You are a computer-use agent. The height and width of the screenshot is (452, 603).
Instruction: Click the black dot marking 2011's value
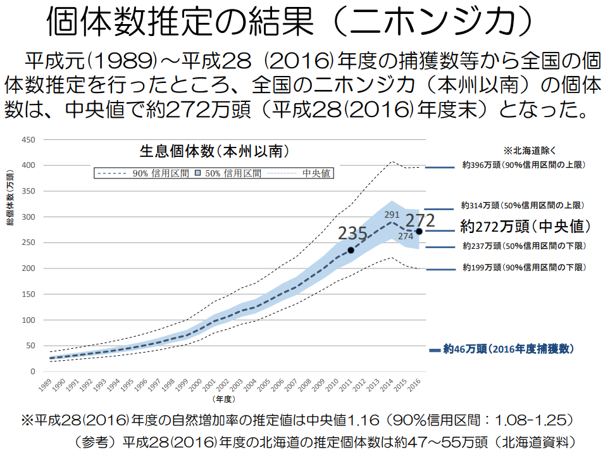tap(351, 250)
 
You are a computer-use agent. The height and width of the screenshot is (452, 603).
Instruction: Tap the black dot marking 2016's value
tap(419, 231)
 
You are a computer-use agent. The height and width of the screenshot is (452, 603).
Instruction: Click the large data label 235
tap(352, 234)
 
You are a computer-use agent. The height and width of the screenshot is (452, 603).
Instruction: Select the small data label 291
tap(392, 215)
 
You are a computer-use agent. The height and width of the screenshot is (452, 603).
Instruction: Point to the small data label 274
tap(406, 236)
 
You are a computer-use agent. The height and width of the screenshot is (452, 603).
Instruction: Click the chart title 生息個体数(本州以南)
tap(214, 152)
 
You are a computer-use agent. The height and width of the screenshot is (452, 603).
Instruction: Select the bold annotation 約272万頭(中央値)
tap(525, 226)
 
